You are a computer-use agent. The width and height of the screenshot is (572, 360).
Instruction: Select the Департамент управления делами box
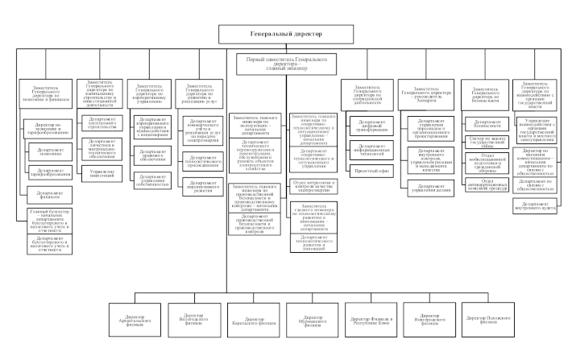click(x=427, y=190)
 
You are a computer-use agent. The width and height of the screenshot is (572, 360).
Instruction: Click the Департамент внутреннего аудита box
click(x=541, y=205)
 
